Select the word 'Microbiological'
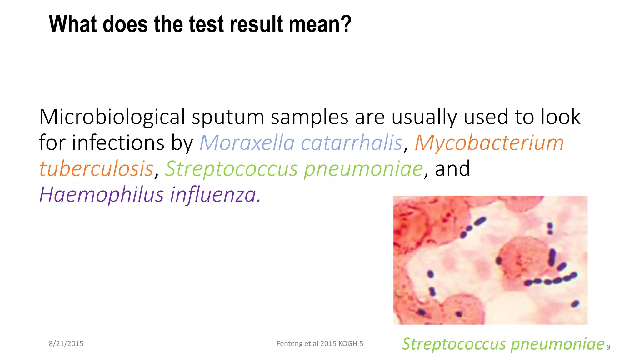[112, 117]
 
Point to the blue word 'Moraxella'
[247, 143]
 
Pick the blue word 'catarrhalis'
[351, 143]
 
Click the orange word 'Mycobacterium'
[489, 143]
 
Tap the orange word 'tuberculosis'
[96, 169]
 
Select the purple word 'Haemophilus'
[101, 195]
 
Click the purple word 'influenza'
[215, 195]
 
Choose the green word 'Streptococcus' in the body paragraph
[231, 169]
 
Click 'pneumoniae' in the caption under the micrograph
[557, 344]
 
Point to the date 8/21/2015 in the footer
[66, 344]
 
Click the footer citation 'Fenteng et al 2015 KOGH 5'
[320, 344]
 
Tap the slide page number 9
[608, 347]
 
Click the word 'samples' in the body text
[309, 117]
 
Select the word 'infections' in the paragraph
[118, 143]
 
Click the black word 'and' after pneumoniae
[452, 169]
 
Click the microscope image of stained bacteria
[490, 260]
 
